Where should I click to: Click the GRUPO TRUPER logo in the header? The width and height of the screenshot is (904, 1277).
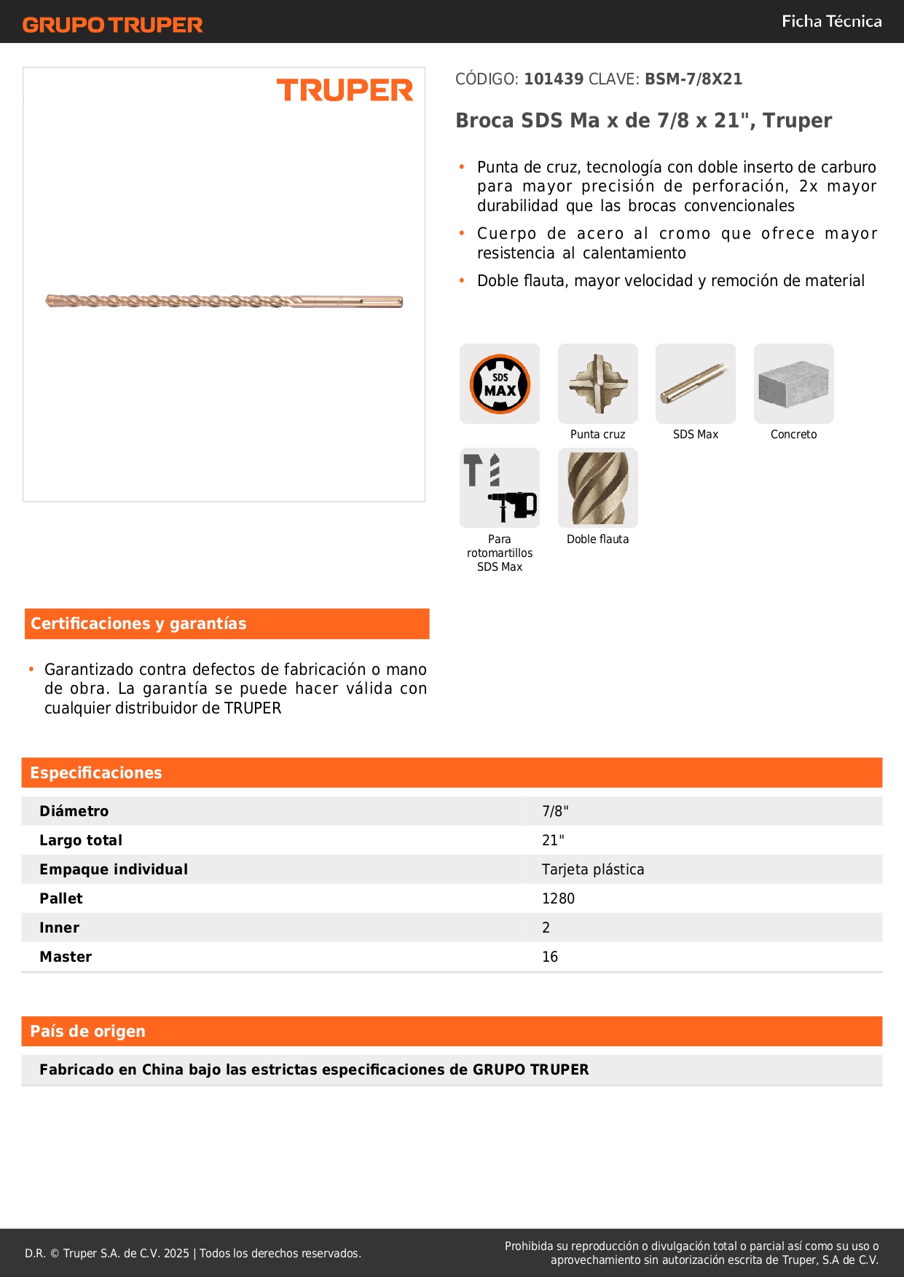pyautogui.click(x=112, y=25)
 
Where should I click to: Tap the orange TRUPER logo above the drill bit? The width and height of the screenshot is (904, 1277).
pyautogui.click(x=345, y=90)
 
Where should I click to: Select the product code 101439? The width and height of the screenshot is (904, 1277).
pyautogui.click(x=554, y=79)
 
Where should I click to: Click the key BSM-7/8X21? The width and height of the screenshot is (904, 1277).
pyautogui.click(x=693, y=79)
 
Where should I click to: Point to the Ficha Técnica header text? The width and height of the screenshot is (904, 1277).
pyautogui.click(x=831, y=22)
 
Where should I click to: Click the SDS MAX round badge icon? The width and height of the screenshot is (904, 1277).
pyautogui.click(x=500, y=384)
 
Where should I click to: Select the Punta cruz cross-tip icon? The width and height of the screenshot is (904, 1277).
pyautogui.click(x=598, y=384)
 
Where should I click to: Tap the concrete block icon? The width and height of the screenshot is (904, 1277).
pyautogui.click(x=793, y=384)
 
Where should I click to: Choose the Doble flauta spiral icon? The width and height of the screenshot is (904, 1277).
pyautogui.click(x=598, y=488)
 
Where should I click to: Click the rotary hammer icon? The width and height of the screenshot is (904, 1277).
pyautogui.click(x=500, y=488)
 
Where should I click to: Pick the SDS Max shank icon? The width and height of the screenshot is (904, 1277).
pyautogui.click(x=696, y=384)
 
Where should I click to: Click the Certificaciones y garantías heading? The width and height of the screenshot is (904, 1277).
pyautogui.click(x=138, y=624)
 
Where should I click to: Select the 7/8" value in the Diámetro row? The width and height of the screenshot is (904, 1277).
pyautogui.click(x=555, y=811)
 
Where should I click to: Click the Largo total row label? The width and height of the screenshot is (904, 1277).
pyautogui.click(x=81, y=840)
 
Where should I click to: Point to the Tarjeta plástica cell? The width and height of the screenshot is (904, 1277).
pyautogui.click(x=593, y=869)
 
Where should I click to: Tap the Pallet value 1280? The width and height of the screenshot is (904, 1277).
pyautogui.click(x=558, y=898)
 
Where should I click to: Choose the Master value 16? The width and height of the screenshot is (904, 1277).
pyautogui.click(x=550, y=957)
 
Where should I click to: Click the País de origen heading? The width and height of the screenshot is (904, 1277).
pyautogui.click(x=87, y=1032)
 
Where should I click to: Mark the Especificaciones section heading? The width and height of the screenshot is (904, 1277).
pyautogui.click(x=96, y=773)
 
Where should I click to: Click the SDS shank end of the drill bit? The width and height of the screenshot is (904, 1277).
pyautogui.click(x=364, y=301)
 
